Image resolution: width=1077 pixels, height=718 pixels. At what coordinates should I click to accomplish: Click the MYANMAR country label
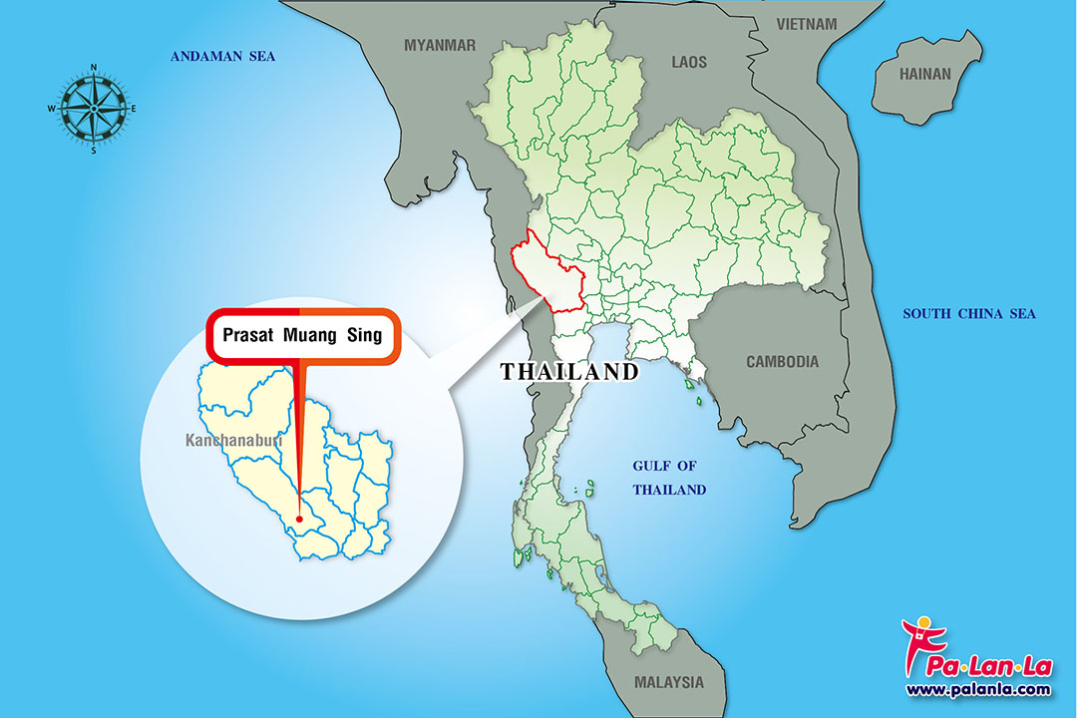pyautogui.click(x=440, y=45)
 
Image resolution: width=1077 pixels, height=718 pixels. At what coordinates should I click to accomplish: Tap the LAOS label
pyautogui.click(x=689, y=62)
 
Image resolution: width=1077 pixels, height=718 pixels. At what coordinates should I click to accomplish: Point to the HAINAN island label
pyautogui.click(x=925, y=74)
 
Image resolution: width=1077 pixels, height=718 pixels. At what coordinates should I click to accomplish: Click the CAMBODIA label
pyautogui.click(x=782, y=362)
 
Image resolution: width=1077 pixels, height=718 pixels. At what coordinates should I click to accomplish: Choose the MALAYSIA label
pyautogui.click(x=668, y=683)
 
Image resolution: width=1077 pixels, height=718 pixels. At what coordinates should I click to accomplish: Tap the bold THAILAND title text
pyautogui.click(x=569, y=372)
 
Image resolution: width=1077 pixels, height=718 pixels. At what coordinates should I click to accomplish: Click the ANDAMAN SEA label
pyautogui.click(x=222, y=57)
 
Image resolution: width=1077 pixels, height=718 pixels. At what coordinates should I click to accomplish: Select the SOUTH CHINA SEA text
pyautogui.click(x=969, y=314)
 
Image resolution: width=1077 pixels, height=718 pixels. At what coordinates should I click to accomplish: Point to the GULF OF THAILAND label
pyautogui.click(x=670, y=478)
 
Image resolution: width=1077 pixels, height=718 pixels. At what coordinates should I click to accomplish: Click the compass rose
pyautogui.click(x=93, y=108)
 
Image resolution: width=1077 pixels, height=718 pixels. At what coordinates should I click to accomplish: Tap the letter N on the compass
pyautogui.click(x=93, y=68)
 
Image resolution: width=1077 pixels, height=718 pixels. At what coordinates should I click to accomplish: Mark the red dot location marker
pyautogui.click(x=299, y=519)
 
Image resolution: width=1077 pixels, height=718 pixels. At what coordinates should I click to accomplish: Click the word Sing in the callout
pyautogui.click(x=364, y=336)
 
